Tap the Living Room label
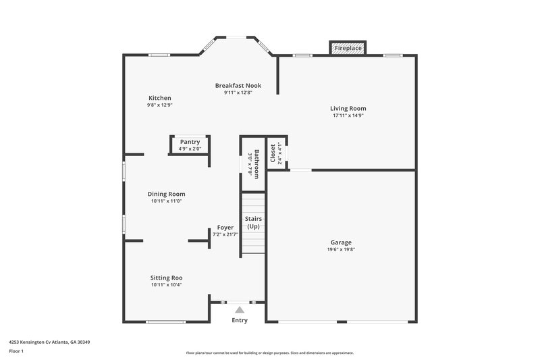(348, 108)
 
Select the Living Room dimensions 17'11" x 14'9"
(348, 115)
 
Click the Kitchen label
(160, 98)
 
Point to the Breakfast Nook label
(238, 86)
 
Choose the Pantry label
(190, 142)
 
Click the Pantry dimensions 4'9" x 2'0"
(190, 149)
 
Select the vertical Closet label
(273, 154)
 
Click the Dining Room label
(167, 194)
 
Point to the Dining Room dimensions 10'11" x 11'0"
(167, 201)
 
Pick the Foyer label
(225, 228)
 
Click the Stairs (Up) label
(253, 223)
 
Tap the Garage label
(341, 242)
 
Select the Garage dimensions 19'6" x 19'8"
(341, 249)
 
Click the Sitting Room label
(167, 278)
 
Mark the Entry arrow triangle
(239, 309)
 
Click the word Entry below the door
(240, 320)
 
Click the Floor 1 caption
(16, 352)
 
